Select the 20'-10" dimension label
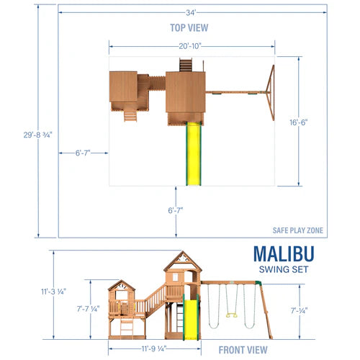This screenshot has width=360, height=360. point(190,46)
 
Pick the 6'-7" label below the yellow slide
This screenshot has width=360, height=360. point(175,210)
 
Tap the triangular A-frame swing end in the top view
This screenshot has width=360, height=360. point(271,92)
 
